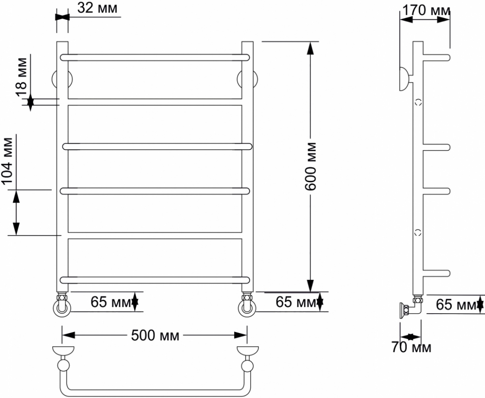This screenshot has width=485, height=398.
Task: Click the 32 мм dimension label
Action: click(97, 8)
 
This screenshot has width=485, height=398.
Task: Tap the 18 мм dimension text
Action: click(21, 77)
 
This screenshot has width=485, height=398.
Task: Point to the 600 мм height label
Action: click(311, 166)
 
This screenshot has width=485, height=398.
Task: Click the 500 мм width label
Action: click(155, 336)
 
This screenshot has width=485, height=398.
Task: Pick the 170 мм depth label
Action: click(426, 10)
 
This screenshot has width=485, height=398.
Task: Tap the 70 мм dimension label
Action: click(412, 347)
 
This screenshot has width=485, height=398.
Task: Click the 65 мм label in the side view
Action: click(456, 304)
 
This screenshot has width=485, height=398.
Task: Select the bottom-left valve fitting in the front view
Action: click(62, 304)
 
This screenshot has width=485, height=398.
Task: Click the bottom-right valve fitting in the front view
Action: click(247, 304)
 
